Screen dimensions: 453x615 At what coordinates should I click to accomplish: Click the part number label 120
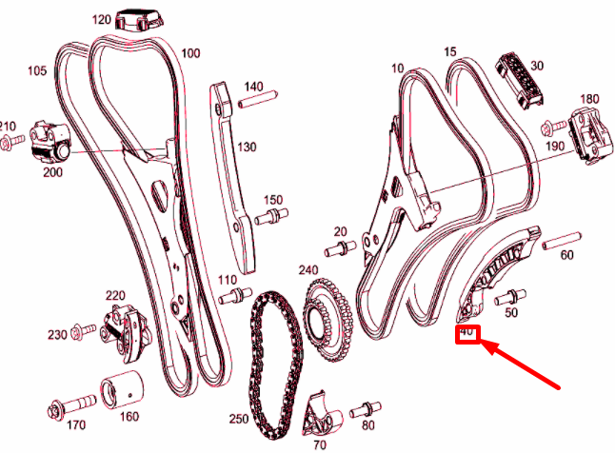[x=102, y=19]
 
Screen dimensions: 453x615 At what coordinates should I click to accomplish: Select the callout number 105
[x=37, y=70]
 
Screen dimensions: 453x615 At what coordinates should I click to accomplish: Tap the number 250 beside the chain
[x=238, y=420]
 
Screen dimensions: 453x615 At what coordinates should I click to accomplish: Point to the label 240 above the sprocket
[x=307, y=269]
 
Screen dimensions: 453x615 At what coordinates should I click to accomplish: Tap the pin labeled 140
[x=254, y=102]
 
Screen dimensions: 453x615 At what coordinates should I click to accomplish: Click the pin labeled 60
[x=561, y=240]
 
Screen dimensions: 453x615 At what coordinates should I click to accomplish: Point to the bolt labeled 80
[x=362, y=412]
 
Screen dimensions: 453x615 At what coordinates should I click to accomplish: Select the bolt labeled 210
[x=10, y=142]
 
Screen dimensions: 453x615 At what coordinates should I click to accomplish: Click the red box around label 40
[x=468, y=334]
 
